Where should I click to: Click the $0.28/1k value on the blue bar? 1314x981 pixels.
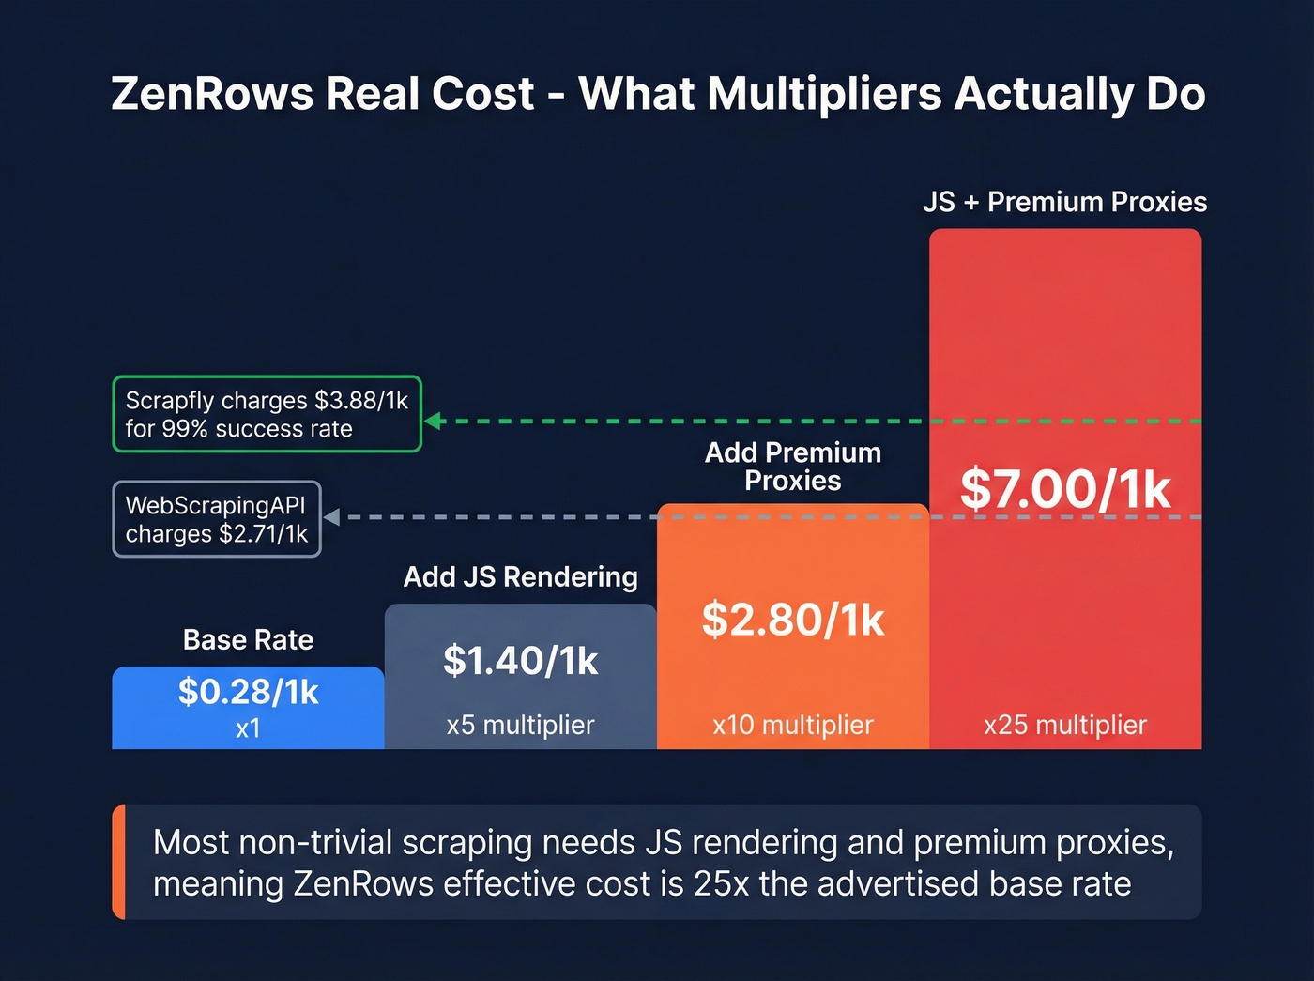point(248,693)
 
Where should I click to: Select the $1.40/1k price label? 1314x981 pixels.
point(520,661)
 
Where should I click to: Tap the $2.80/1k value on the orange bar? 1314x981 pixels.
point(793,620)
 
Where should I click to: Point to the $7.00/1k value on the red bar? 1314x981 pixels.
point(1065,489)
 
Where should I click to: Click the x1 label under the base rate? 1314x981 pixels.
point(248,728)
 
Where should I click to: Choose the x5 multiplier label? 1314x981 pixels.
point(520,725)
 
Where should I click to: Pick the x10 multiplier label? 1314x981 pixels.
point(793,725)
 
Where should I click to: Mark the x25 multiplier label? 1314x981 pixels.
point(1065,725)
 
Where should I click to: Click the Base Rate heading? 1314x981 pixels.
point(248,640)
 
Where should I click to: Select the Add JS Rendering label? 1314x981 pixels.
point(520,576)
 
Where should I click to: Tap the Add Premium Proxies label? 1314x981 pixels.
point(793,467)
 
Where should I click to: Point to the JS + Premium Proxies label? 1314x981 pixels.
point(1064,202)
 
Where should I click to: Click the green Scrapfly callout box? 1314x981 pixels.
point(267,414)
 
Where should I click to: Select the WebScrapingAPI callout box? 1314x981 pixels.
point(217,519)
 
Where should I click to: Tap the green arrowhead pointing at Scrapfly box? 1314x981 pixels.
point(433,421)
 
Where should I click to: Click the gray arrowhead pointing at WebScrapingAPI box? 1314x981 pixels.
point(331,517)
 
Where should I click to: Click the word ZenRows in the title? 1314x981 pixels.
point(211,94)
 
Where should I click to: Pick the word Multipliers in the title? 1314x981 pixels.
point(824,94)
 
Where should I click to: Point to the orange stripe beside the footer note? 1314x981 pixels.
point(118,862)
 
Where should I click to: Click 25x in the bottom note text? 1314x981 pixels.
point(722,884)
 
